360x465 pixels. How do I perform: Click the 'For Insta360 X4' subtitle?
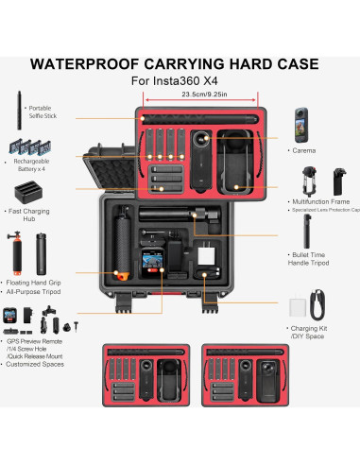[x=180, y=82]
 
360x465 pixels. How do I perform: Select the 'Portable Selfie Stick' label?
[x=40, y=112]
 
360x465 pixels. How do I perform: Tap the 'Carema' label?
[x=304, y=150]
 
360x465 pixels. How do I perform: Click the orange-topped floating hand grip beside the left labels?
[x=14, y=249]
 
